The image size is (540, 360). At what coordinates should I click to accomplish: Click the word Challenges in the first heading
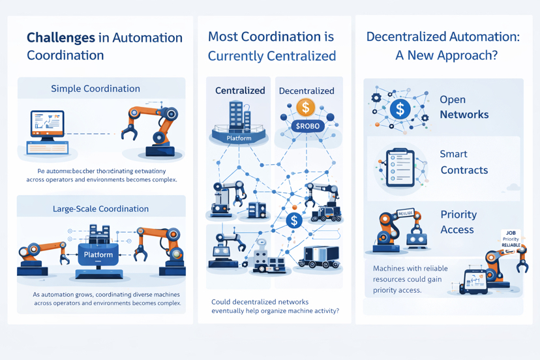[61, 37]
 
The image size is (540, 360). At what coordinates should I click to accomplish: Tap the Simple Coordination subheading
[95, 89]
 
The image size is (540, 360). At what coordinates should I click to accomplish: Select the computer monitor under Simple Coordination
[48, 125]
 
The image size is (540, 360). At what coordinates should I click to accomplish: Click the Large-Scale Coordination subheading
[100, 209]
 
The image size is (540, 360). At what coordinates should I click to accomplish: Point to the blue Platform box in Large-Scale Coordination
[98, 256]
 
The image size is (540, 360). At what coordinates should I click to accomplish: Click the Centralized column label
[240, 91]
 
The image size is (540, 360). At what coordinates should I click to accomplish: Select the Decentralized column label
[306, 91]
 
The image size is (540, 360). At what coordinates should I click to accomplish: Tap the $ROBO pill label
[307, 125]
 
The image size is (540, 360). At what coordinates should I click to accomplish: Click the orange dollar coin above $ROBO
[305, 107]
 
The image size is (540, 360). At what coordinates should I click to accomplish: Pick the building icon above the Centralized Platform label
[239, 117]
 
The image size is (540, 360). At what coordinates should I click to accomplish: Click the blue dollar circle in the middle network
[294, 220]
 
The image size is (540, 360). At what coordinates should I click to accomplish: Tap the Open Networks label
[464, 107]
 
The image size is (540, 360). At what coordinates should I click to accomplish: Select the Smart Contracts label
[464, 162]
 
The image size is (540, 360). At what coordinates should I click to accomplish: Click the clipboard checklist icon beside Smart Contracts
[400, 168]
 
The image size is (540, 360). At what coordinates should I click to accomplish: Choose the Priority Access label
[458, 222]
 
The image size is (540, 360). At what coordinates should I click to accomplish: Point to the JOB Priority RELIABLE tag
[511, 239]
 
